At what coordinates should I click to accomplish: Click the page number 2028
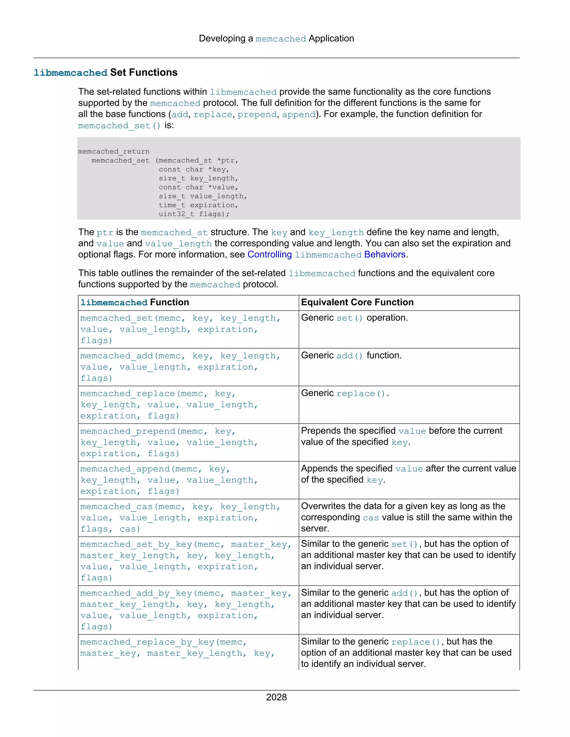point(276,697)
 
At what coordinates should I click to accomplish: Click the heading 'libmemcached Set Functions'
point(105,73)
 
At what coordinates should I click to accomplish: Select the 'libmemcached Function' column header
point(134,302)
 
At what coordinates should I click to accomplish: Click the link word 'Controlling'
point(269,254)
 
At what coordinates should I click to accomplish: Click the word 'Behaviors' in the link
point(385,254)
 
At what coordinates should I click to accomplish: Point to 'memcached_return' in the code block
point(114,152)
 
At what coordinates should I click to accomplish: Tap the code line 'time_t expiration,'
point(198,205)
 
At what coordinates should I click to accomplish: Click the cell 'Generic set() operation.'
point(354,318)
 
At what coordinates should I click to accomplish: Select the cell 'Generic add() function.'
point(351,356)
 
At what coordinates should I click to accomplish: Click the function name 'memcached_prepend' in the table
point(128,431)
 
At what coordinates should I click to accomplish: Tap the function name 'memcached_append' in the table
point(125,469)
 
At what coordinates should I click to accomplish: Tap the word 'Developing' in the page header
point(222,38)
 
